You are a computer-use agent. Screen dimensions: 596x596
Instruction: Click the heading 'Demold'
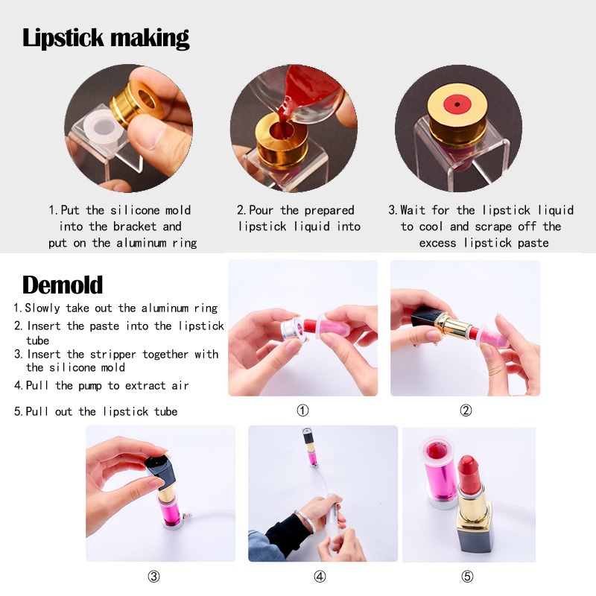[63, 285]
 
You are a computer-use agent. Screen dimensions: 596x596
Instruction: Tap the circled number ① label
[302, 410]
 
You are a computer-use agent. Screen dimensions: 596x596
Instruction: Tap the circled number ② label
[466, 410]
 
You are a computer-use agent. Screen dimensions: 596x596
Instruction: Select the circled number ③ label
[153, 576]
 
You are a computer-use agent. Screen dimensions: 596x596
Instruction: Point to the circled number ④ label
[320, 576]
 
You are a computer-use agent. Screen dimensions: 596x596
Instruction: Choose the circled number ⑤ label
[467, 576]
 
